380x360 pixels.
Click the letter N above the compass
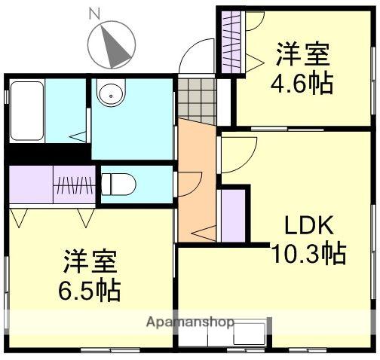94,13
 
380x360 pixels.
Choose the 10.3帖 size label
309,252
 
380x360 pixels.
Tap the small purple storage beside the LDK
231,214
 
